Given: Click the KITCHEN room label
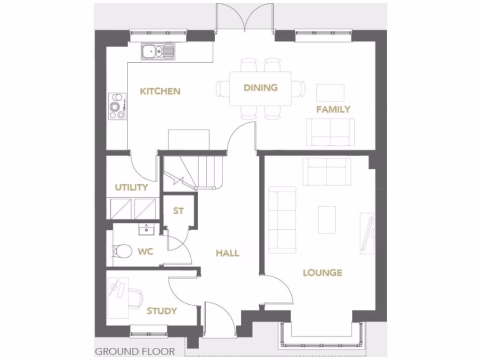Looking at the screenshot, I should (x=160, y=91).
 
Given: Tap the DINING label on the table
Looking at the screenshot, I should (x=261, y=87).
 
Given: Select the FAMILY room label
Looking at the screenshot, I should (x=333, y=110).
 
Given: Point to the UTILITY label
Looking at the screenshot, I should (x=131, y=187).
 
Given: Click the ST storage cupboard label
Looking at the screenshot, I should (x=178, y=211).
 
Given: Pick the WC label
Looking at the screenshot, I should (x=145, y=252).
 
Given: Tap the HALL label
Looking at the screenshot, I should (x=227, y=253).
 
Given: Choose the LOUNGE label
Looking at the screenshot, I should (x=322, y=272).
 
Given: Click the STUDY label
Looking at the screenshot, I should (x=162, y=311).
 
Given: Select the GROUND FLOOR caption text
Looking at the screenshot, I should (x=135, y=351).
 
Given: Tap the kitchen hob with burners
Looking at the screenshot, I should (x=117, y=105).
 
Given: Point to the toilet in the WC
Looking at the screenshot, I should (x=122, y=251).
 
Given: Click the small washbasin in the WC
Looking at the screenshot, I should (x=147, y=229).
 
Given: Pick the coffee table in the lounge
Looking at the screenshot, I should (x=327, y=219).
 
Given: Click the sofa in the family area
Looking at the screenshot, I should (x=330, y=132).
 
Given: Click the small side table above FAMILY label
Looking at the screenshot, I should (x=330, y=92).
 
